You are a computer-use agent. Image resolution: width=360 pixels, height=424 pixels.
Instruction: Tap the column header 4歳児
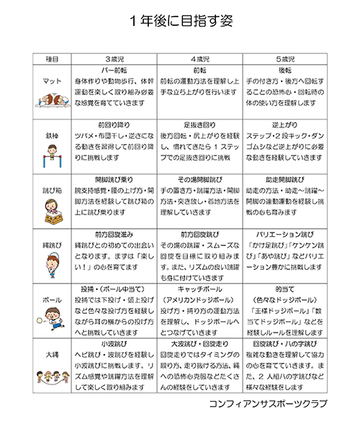pyautogui.click(x=199, y=58)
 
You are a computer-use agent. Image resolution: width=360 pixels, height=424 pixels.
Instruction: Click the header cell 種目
pyautogui.click(x=52, y=58)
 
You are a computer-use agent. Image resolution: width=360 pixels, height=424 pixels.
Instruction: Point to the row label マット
pyautogui.click(x=52, y=81)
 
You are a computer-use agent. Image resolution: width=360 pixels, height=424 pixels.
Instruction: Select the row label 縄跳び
pyautogui.click(x=52, y=245)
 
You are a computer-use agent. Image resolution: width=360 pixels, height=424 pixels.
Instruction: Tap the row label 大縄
pyautogui.click(x=52, y=355)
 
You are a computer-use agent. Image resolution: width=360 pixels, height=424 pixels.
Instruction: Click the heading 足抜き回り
pyautogui.click(x=199, y=124)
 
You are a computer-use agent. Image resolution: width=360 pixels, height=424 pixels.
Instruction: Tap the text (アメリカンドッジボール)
pyautogui.click(x=199, y=299)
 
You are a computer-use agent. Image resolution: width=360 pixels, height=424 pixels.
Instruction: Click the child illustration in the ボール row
pyautogui.click(x=52, y=316)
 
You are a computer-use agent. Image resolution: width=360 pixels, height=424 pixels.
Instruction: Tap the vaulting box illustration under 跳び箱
pyautogui.click(x=52, y=209)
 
